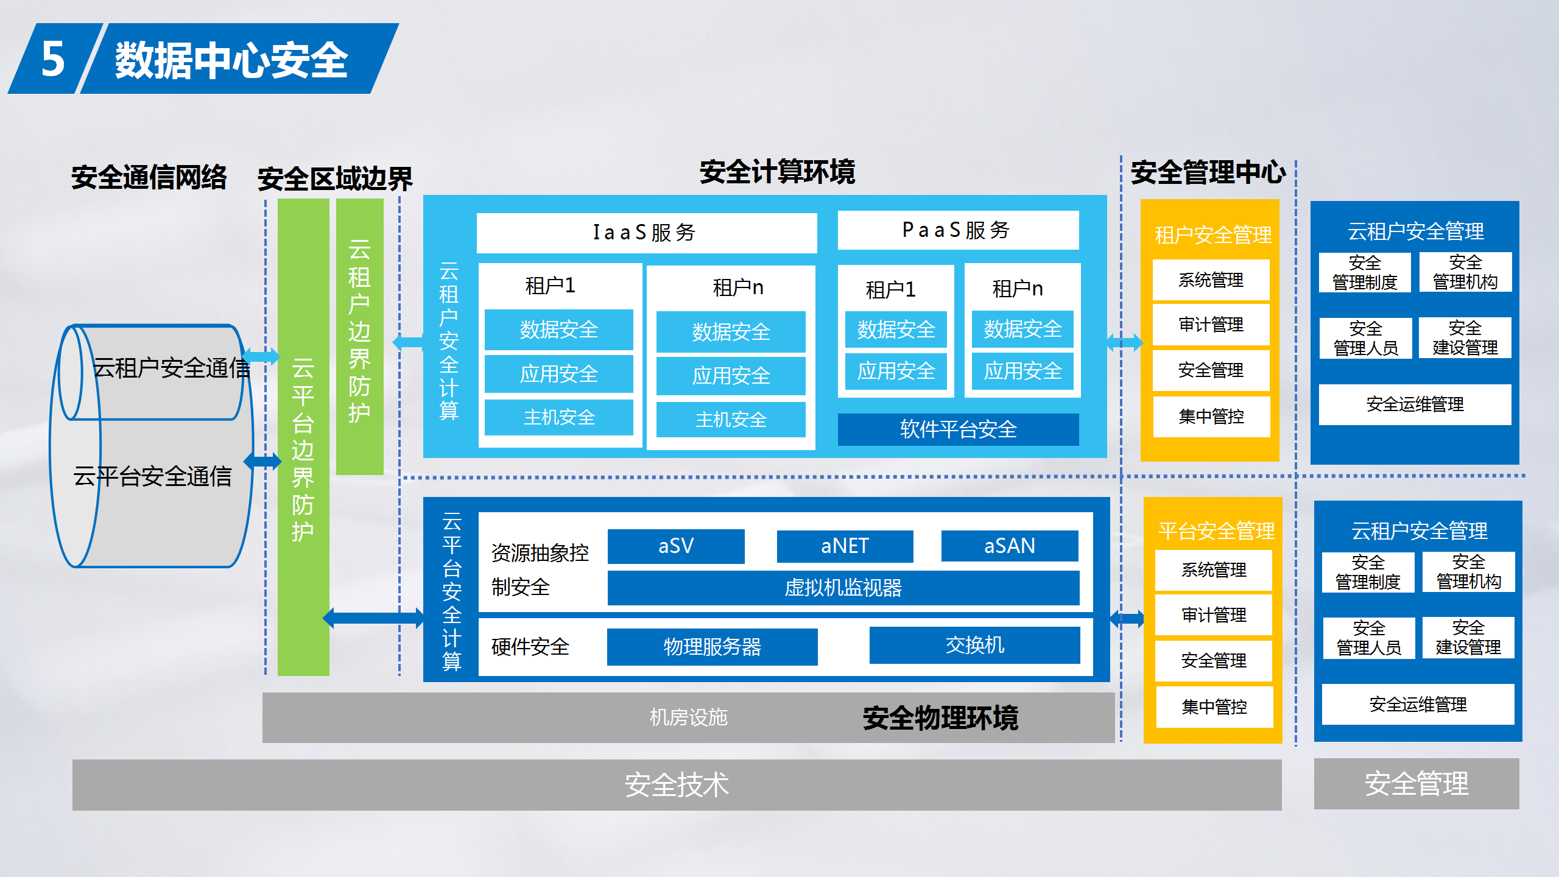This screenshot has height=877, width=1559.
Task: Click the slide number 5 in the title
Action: click(53, 59)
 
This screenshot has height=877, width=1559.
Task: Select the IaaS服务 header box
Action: click(646, 233)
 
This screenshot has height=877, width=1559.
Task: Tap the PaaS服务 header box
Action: click(958, 230)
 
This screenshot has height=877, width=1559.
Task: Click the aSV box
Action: click(676, 546)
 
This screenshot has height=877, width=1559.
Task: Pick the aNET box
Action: click(845, 546)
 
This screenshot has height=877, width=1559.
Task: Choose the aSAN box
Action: click(1010, 546)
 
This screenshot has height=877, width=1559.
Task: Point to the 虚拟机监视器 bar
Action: click(843, 588)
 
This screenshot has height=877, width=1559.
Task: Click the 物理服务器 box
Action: click(712, 647)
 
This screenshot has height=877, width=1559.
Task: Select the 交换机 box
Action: click(974, 645)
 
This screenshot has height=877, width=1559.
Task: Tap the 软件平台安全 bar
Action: click(958, 429)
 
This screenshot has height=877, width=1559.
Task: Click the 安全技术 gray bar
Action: click(677, 784)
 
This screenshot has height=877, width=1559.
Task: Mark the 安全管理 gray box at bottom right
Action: click(1416, 784)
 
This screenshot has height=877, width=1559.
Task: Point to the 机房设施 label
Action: click(689, 717)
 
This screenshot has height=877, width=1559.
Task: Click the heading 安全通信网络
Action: click(149, 177)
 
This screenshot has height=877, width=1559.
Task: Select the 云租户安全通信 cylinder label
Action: click(172, 368)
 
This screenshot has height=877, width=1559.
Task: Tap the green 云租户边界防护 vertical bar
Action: click(360, 337)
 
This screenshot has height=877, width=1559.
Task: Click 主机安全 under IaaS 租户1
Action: click(559, 418)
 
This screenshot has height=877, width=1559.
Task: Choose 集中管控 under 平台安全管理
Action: click(1214, 707)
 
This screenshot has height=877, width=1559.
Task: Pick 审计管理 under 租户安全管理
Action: click(1211, 325)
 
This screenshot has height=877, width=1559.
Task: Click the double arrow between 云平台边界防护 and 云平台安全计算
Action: click(373, 618)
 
